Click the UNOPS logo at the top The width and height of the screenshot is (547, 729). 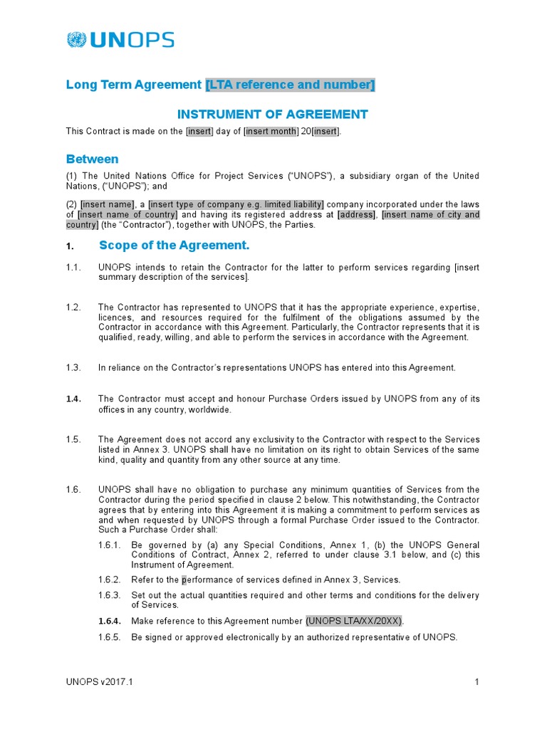(120, 40)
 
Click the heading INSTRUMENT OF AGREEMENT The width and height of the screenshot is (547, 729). (272, 114)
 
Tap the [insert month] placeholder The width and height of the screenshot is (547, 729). (271, 132)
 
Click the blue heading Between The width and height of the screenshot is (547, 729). (92, 159)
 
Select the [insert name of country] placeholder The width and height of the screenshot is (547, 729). (127, 215)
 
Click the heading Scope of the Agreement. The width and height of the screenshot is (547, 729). (174, 246)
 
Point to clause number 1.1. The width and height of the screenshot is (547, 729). (73, 268)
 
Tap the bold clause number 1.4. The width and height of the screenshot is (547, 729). (74, 399)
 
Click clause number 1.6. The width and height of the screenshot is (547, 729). (74, 490)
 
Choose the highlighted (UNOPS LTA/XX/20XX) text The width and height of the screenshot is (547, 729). (354, 621)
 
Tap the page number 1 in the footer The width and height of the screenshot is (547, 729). (476, 683)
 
